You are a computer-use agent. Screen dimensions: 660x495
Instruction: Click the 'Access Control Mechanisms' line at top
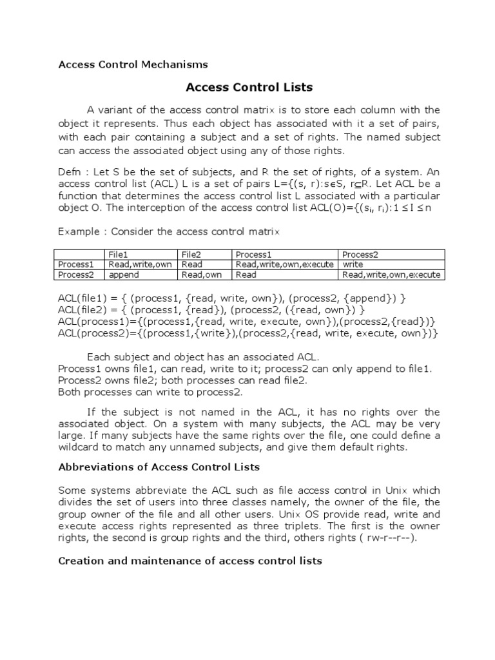point(133,64)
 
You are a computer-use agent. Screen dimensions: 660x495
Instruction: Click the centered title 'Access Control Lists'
point(249,87)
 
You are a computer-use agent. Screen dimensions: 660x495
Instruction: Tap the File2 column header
point(192,255)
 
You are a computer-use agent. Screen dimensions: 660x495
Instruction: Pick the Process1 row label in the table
point(76,264)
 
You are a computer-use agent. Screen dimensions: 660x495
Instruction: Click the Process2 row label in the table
point(76,275)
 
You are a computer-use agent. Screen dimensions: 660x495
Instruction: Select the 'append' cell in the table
point(124,275)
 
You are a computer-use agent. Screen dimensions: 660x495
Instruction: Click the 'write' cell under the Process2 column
point(353,264)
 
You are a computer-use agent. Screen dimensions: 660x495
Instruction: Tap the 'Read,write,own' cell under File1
point(140,264)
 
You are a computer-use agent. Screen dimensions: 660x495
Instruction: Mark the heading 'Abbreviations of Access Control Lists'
point(159,467)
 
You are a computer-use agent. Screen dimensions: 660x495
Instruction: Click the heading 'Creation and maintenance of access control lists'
point(189,561)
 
